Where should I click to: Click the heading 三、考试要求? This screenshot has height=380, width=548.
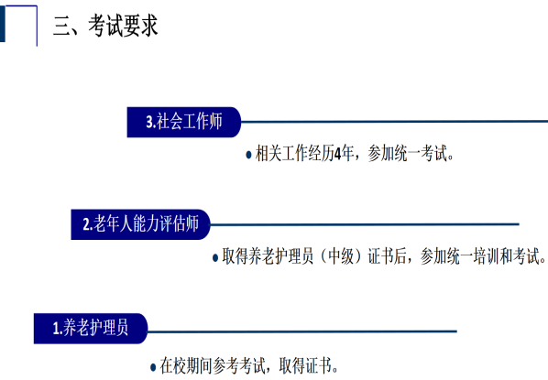tap(105, 26)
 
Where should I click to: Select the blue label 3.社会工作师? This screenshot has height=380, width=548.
tap(184, 122)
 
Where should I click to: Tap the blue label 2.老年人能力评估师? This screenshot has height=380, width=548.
tap(140, 224)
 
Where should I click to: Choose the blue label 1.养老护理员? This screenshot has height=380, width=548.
tap(91, 329)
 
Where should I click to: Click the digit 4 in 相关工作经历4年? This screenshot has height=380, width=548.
tap(337, 154)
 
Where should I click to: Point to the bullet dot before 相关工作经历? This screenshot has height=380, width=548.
tap(249, 155)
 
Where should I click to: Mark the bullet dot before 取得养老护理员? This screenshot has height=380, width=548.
tap(215, 258)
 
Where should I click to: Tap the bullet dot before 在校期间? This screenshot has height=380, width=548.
tap(153, 367)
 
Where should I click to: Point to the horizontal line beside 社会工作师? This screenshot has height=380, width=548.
tap(395, 122)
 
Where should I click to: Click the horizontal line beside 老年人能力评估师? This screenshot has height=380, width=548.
tap(365, 224)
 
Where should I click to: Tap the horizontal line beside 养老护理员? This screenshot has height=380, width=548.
tap(302, 331)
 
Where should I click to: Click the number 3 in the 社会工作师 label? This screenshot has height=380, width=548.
tap(149, 123)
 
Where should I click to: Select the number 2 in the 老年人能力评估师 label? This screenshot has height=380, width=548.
tap(86, 224)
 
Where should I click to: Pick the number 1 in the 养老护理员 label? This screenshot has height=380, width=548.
tap(56, 329)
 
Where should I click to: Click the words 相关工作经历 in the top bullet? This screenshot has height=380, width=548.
tap(295, 153)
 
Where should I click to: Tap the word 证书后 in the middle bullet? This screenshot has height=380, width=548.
tap(387, 256)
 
